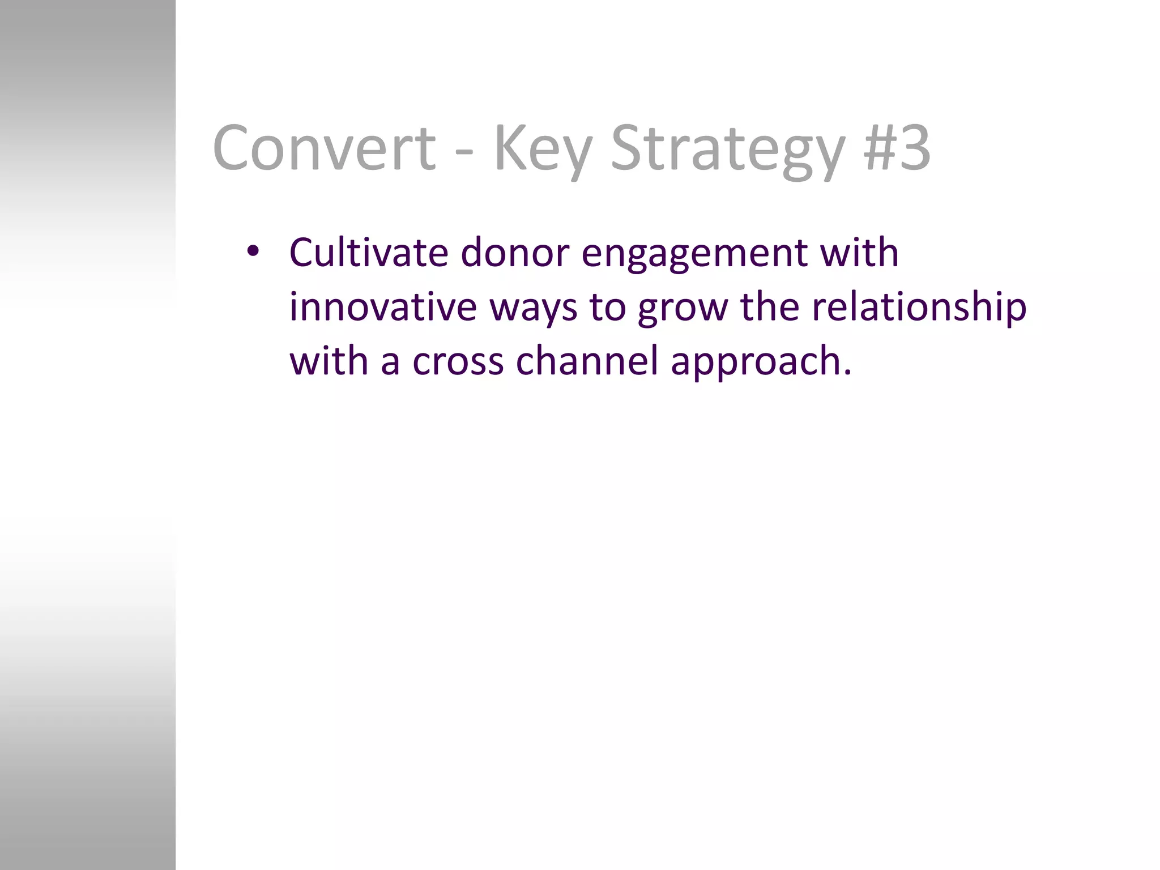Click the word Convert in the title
pos(324,148)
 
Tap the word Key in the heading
pos(543,148)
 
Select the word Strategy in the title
pos(728,148)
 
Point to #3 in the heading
pos(897,148)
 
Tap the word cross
pos(458,361)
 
